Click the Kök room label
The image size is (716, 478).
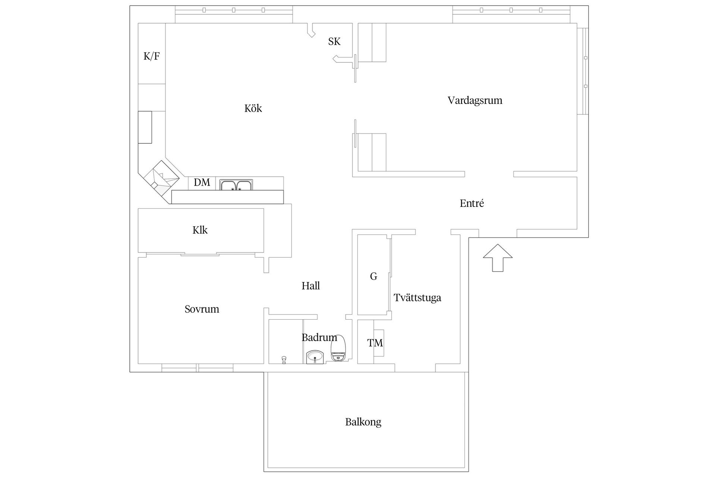pos(253,108)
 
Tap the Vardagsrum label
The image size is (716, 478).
pos(475,100)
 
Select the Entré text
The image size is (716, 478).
pos(472,204)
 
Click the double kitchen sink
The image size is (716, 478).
pos(236,185)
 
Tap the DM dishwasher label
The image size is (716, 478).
pos(202,183)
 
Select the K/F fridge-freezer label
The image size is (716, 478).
pos(151,56)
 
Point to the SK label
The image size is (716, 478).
pos(334,41)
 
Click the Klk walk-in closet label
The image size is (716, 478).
pos(200,230)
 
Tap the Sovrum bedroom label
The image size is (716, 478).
pos(202,309)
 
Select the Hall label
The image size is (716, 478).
pos(311,286)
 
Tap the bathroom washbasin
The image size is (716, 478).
pos(316,357)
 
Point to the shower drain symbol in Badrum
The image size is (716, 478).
pos(284,360)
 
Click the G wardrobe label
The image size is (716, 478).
pos(373,276)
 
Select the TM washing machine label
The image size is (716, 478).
pos(375,343)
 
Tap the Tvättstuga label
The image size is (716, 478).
pos(417,298)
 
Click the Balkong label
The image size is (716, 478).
pos(363,422)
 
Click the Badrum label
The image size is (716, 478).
pos(319,338)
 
